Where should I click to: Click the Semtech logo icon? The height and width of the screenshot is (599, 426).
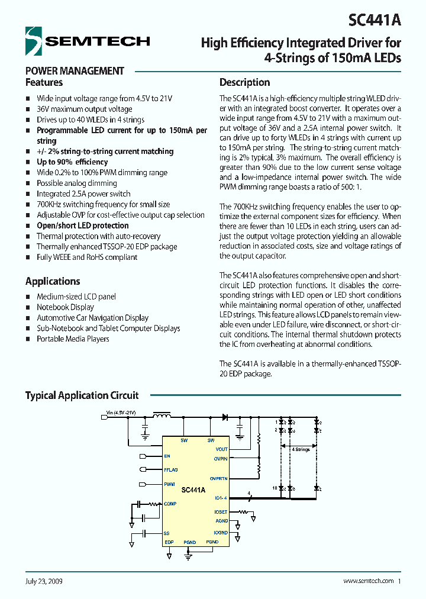click(x=34, y=40)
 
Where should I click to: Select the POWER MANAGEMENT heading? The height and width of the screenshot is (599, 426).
click(x=75, y=70)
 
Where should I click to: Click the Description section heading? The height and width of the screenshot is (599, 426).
click(x=244, y=82)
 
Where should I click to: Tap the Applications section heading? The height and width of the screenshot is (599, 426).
click(x=53, y=281)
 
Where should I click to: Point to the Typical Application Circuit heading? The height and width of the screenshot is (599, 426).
click(x=82, y=395)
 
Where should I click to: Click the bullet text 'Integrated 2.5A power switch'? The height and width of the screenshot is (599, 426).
click(x=83, y=194)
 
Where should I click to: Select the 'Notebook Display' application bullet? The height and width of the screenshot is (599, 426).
click(x=65, y=307)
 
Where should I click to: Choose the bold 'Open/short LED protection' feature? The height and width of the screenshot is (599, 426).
click(x=82, y=226)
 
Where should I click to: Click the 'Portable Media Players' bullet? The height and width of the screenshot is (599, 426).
click(x=73, y=339)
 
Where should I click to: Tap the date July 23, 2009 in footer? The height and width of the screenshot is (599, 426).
click(x=44, y=581)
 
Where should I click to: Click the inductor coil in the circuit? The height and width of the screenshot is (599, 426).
click(x=160, y=417)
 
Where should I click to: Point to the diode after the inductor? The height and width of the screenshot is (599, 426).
click(x=225, y=417)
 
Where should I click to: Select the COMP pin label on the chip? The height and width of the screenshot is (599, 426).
click(x=170, y=504)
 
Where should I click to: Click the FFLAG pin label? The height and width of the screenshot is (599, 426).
click(x=171, y=469)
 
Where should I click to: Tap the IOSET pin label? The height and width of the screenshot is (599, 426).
click(x=221, y=511)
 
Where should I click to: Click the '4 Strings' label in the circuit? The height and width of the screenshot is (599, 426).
click(x=301, y=449)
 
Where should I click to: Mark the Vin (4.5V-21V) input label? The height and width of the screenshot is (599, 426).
click(x=121, y=412)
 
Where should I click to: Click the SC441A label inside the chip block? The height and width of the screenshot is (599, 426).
click(x=193, y=489)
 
